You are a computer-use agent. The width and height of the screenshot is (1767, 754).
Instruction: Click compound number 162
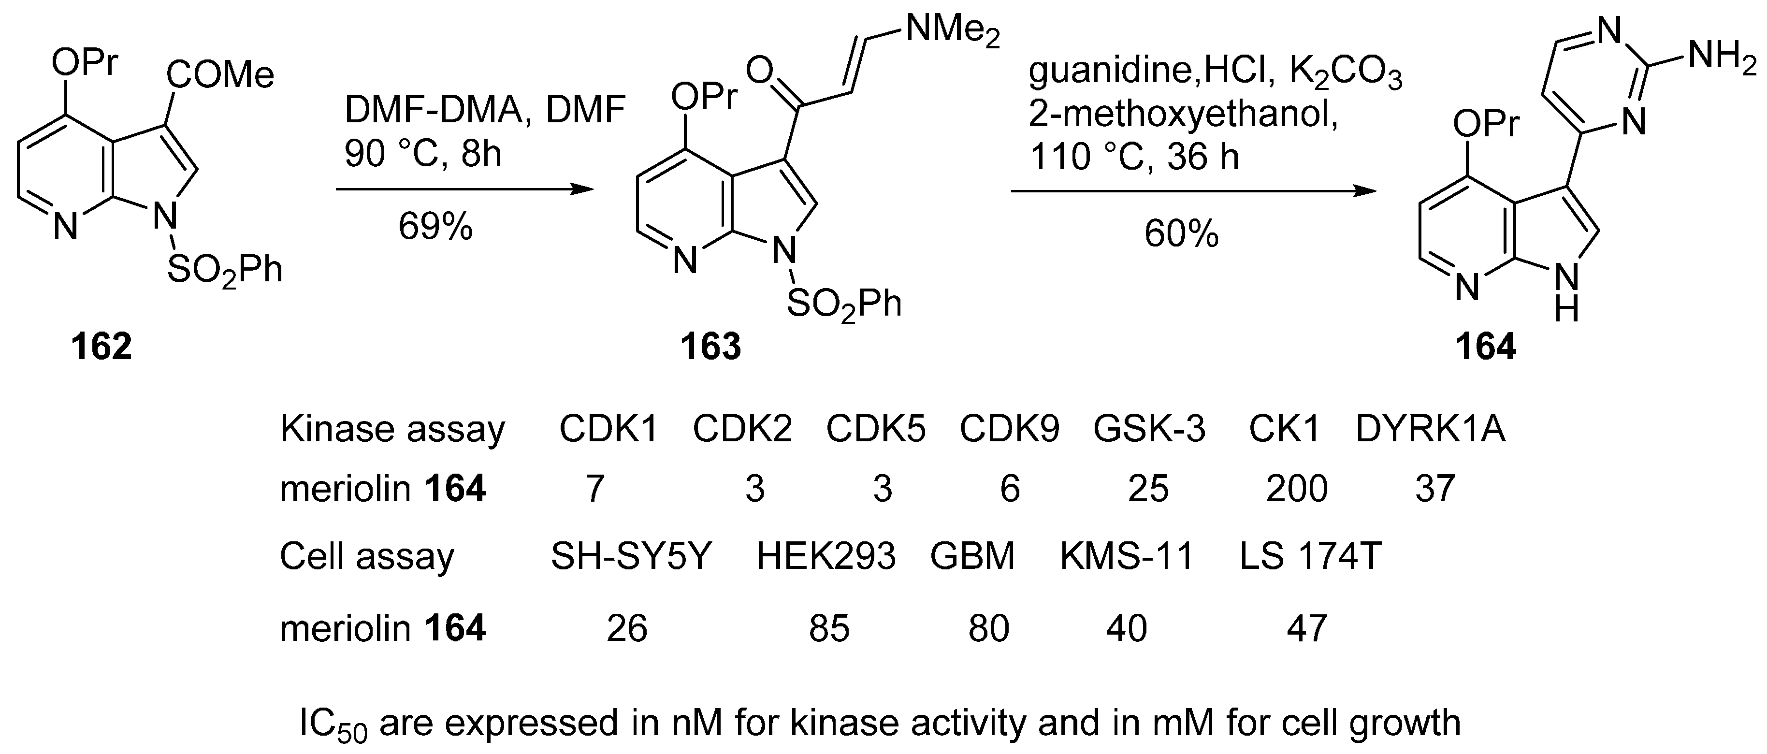tap(101, 347)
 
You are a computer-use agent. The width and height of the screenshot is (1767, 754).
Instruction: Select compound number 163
tap(710, 347)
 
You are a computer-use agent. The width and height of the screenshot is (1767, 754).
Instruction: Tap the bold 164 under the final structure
tap(1486, 347)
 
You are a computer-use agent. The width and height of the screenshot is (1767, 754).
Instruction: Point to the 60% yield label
tap(1181, 234)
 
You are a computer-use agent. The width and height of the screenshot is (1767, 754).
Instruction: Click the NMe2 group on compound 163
tap(952, 31)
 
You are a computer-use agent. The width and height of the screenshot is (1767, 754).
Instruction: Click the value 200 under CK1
tap(1296, 489)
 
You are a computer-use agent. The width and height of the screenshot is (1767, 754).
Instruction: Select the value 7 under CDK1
tap(594, 489)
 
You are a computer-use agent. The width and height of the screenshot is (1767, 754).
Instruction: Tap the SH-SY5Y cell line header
tap(631, 556)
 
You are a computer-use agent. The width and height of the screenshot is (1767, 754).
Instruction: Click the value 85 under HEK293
tap(828, 628)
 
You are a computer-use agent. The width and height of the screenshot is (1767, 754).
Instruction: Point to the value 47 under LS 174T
tap(1307, 628)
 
